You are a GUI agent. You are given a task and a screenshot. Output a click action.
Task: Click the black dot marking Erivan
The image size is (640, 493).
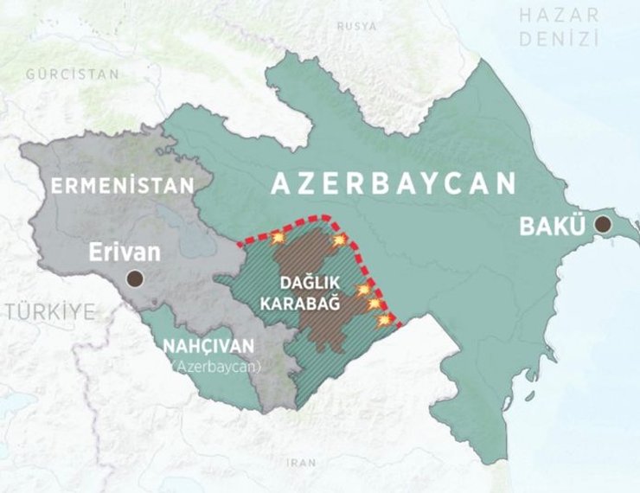(x=134, y=279)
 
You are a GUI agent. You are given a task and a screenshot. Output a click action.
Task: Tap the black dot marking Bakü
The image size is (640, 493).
(x=603, y=225)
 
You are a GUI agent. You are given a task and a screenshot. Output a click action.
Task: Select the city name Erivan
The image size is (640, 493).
(x=125, y=253)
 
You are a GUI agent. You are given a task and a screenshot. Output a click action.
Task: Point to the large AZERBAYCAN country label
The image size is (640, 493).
(x=394, y=183)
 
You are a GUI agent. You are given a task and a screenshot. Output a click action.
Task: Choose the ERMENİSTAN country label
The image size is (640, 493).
(x=120, y=185)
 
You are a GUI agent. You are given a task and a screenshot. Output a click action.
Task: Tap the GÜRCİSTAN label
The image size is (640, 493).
(x=73, y=74)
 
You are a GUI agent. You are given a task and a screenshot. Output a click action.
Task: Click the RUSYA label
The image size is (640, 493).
(x=356, y=27)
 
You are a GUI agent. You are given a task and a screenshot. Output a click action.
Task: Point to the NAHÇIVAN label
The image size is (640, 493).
(x=208, y=346)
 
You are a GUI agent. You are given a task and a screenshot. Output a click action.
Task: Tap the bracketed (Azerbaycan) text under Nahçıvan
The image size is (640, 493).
(x=215, y=366)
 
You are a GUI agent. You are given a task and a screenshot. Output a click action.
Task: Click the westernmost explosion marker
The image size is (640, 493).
(x=277, y=236)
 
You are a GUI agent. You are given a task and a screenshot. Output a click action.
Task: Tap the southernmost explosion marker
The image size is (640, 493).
(x=384, y=321)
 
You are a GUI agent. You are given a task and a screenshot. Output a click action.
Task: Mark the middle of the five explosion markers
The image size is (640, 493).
(x=364, y=289)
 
